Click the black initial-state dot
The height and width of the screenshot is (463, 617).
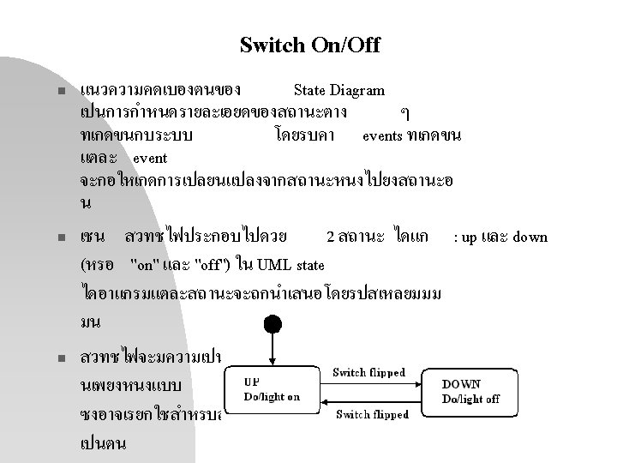[273, 325]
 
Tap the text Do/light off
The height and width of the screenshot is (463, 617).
[471, 400]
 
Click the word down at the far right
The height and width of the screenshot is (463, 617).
[530, 237]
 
